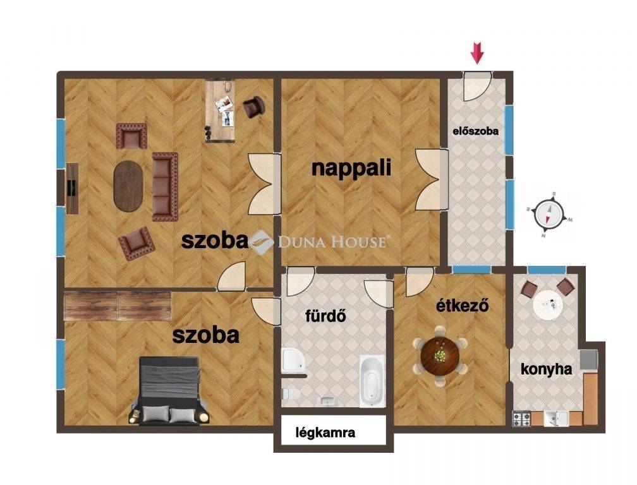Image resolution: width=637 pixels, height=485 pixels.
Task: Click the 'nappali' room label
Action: (351, 169)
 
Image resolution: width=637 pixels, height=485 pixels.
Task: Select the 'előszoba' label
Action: (476, 131)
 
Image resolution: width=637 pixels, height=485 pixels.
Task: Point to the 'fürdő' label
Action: (325, 315)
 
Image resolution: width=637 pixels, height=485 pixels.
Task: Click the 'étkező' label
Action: (463, 305)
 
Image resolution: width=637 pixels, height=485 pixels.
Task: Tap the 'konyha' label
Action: (547, 369)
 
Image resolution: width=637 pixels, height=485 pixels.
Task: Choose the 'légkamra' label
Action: (325, 433)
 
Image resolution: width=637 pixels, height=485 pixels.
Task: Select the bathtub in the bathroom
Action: (372, 381)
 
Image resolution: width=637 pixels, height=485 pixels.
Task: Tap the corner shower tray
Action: (293, 360)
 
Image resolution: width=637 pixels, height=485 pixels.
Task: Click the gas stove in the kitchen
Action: (521, 419)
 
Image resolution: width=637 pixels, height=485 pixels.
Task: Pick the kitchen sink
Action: (555, 418)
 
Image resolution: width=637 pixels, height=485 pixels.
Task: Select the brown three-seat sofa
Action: (165, 187)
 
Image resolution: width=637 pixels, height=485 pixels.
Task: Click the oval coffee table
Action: (129, 186)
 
